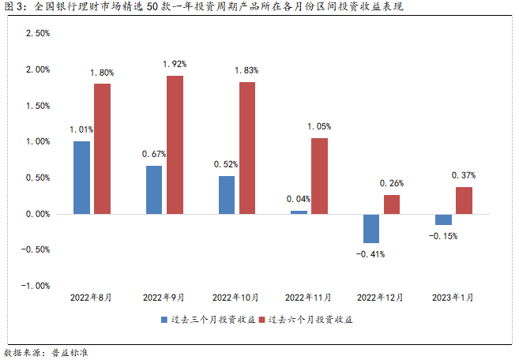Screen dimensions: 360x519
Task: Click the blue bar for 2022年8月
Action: coord(81,178)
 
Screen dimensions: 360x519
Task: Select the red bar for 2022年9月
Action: coord(175,144)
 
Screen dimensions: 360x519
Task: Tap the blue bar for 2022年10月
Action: coord(226,195)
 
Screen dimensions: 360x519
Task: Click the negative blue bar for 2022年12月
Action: coord(371,228)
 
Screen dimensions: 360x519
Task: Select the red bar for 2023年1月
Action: coord(464,201)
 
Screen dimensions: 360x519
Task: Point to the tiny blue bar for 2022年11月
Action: coord(299,212)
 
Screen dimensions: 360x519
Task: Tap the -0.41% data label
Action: coord(370,255)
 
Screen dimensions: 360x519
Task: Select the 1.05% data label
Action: coord(319,126)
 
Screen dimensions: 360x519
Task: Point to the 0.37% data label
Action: coord(464,175)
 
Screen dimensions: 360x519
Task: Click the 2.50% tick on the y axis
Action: coord(38,34)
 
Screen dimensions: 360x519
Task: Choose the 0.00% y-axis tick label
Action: coord(38,214)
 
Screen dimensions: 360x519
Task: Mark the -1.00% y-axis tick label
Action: coord(36,286)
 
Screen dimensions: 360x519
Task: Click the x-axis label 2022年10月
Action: coord(235,298)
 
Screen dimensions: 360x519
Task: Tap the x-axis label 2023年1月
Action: coord(453,298)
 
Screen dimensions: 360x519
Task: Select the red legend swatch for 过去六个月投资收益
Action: coord(262,320)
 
